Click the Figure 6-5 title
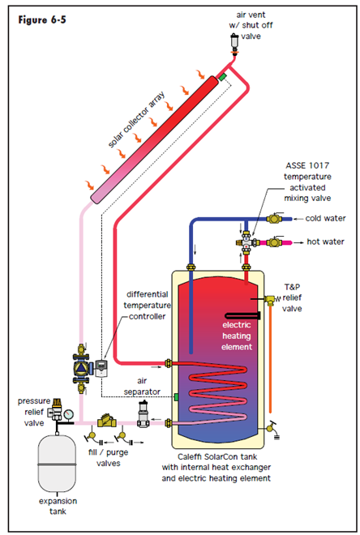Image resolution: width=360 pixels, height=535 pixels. click(x=42, y=19)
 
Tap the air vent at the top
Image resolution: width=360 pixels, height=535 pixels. click(x=235, y=43)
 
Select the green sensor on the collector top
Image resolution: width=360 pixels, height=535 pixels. click(x=222, y=77)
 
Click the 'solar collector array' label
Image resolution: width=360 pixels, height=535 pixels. click(x=136, y=119)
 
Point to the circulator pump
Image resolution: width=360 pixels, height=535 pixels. click(x=82, y=368)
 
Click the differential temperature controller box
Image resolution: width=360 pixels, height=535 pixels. click(x=101, y=368)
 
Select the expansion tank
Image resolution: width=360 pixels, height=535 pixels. click(x=57, y=462)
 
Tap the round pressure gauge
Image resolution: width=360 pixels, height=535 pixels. click(x=69, y=413)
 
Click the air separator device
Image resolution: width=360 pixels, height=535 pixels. click(x=143, y=414)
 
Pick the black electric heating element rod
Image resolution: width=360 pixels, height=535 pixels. click(x=243, y=316)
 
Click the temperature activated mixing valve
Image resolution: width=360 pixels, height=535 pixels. click(x=246, y=242)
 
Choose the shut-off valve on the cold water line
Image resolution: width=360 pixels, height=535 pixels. click(x=275, y=218)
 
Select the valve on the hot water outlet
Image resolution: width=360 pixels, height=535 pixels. click(x=274, y=242)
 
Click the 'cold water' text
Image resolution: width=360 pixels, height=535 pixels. click(x=325, y=218)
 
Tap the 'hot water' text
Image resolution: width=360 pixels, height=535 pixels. click(x=325, y=242)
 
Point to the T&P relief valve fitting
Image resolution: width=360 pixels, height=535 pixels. click(x=269, y=300)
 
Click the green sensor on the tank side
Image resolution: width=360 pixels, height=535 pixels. click(x=176, y=397)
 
